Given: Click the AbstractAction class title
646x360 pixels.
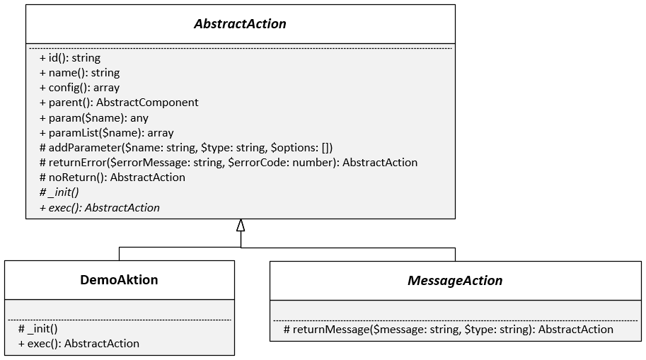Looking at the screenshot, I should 241,23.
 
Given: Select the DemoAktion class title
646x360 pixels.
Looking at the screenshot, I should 119,279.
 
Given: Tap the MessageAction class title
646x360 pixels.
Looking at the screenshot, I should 455,280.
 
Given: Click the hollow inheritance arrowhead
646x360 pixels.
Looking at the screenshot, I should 241,226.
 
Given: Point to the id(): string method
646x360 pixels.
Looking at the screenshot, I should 70,57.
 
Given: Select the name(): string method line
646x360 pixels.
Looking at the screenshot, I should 79,72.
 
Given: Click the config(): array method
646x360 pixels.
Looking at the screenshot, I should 79,88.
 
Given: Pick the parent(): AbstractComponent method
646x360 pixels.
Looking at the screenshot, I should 119,103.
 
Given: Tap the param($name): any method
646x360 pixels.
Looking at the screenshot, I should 94,117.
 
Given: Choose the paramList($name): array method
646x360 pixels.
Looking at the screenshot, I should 106,132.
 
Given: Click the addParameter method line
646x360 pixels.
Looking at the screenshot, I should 186,147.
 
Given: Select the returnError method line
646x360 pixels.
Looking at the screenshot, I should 229,162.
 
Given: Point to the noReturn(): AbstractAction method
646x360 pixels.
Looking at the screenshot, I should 113,177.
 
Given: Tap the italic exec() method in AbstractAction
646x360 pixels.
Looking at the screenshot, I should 100,207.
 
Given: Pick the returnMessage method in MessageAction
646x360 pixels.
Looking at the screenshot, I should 448,329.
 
